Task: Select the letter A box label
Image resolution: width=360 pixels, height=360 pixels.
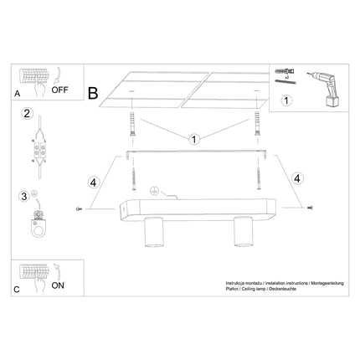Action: [x=18, y=95]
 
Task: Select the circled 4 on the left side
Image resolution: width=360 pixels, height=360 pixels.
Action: [x=94, y=178]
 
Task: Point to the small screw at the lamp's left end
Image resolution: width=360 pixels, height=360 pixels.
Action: [x=77, y=208]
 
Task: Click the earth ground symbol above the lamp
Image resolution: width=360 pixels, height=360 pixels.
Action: [x=154, y=189]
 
